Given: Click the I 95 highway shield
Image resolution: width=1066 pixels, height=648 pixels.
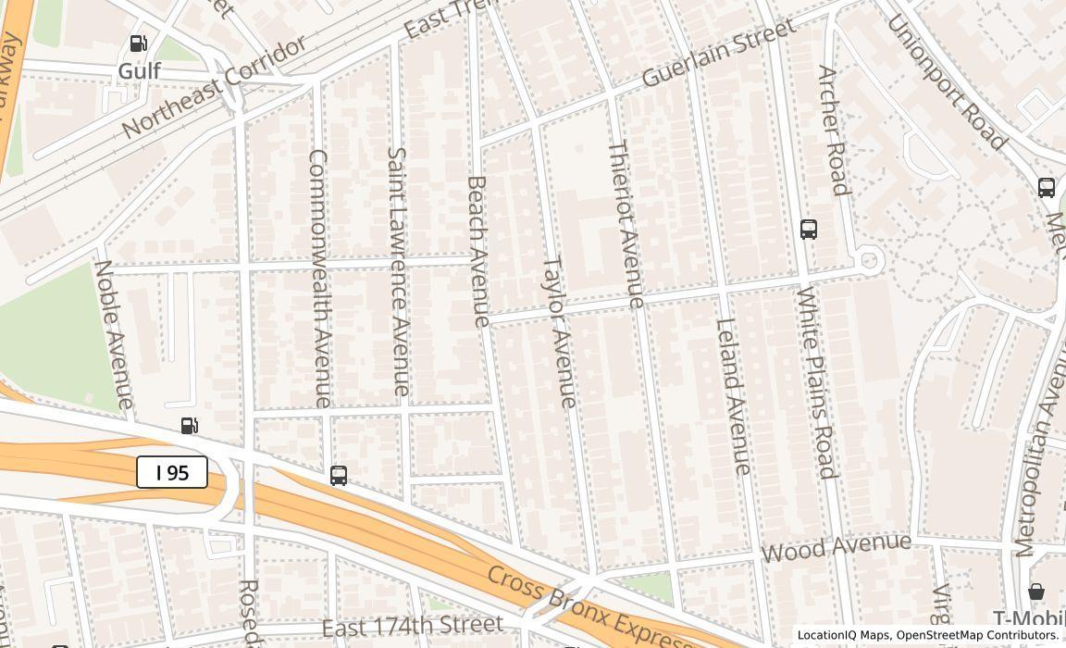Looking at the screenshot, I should [172, 472].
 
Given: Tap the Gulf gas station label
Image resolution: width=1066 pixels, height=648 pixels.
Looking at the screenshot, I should [140, 71].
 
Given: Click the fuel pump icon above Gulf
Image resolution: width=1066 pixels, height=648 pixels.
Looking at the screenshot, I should [138, 43].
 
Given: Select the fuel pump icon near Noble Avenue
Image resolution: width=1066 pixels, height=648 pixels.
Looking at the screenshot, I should [189, 426].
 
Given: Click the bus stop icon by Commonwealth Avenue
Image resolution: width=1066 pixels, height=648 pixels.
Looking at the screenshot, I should [339, 476].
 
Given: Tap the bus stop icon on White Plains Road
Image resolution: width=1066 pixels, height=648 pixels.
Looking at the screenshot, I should [809, 229].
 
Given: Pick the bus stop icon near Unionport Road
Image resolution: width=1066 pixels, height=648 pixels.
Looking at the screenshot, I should [1047, 187].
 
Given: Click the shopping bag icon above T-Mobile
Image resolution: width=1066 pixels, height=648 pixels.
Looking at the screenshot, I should [1036, 591].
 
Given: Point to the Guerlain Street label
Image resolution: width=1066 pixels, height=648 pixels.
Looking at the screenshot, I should [718, 53].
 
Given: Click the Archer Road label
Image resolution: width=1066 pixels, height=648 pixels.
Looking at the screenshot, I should [834, 131].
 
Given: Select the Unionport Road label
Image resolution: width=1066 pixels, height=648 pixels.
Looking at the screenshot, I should [946, 82].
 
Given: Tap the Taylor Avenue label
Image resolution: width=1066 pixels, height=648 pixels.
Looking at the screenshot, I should [559, 331].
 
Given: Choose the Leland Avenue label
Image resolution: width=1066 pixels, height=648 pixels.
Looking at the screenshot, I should [733, 396].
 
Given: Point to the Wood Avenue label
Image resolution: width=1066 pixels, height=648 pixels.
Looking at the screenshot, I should [837, 547].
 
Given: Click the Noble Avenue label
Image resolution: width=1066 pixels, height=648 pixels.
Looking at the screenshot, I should [114, 334].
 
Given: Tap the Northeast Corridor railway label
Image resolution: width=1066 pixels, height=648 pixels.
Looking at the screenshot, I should [214, 89].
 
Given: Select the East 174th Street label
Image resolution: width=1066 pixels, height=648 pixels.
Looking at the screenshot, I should [413, 627].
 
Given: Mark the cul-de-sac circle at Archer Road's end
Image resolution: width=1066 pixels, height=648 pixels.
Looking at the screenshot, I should [869, 261].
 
